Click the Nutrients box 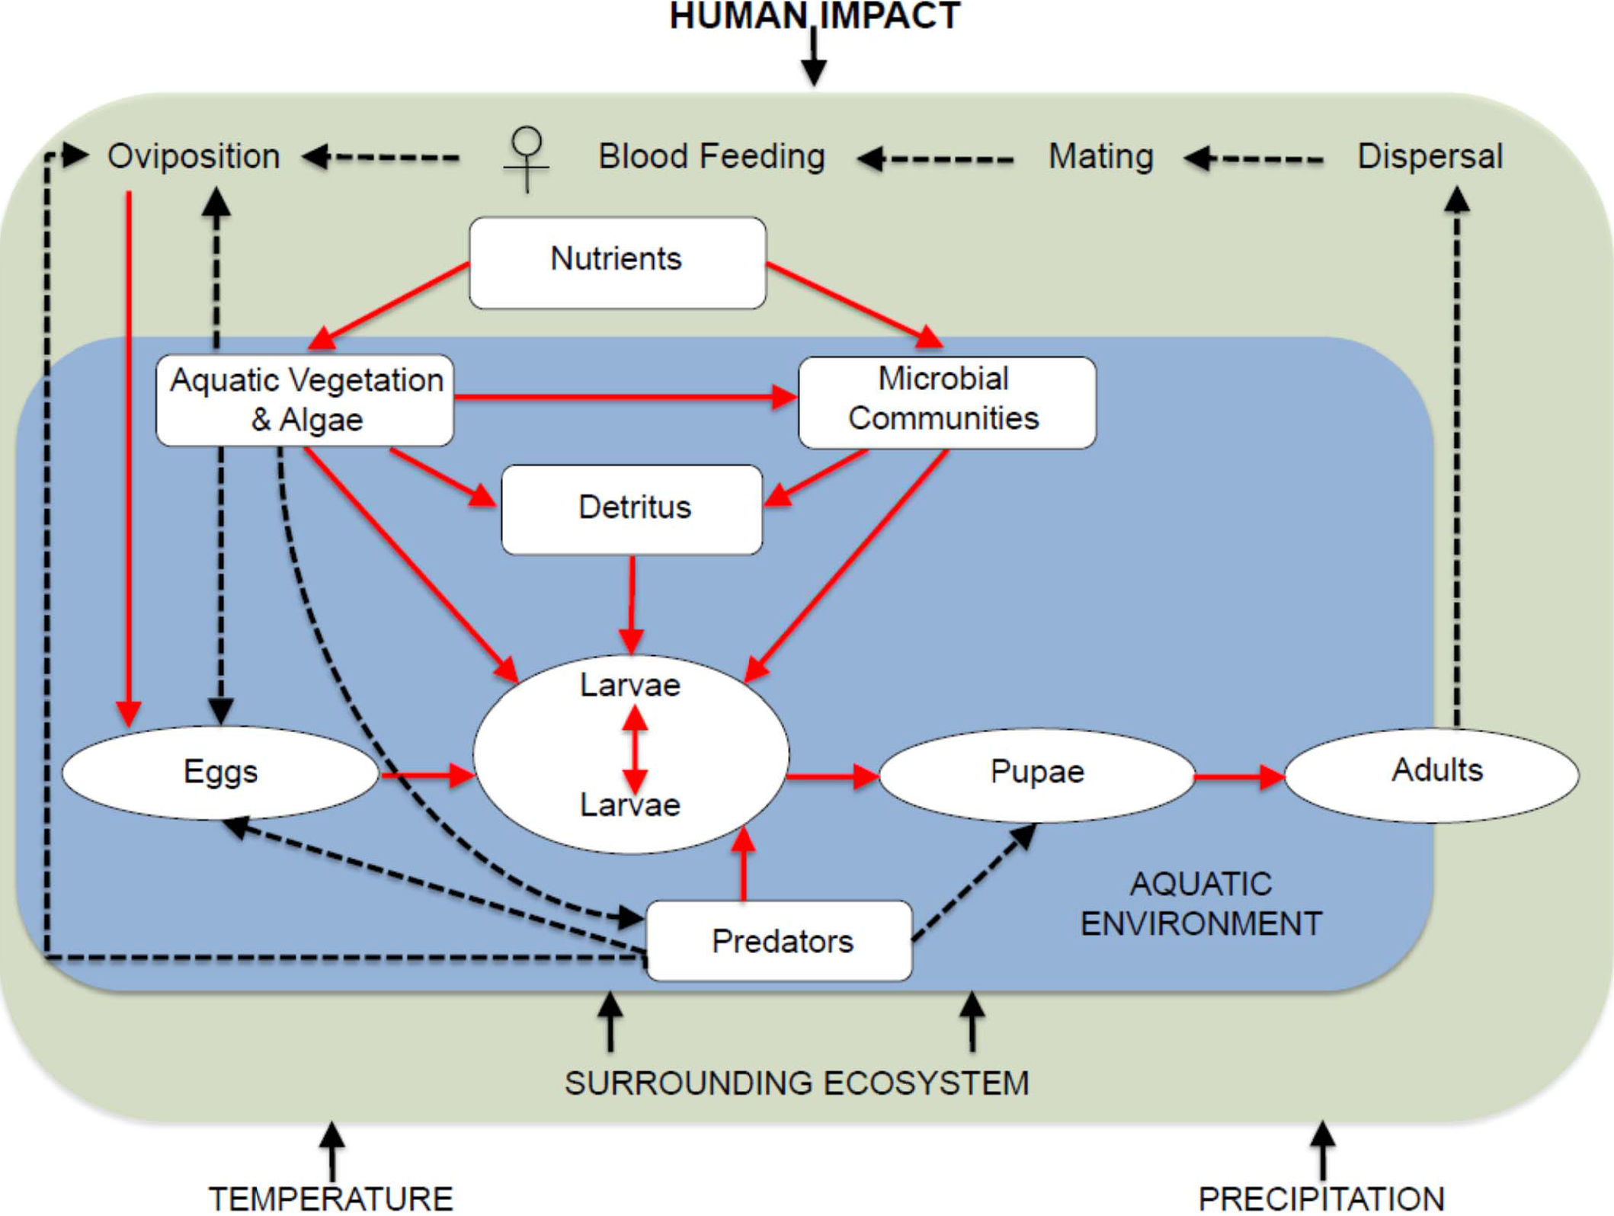617,263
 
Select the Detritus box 632,509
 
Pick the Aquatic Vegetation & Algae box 305,400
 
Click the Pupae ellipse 1036,774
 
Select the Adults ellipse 1433,774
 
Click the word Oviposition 194,156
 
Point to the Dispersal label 1430,156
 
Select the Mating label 1100,156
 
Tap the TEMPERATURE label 331,1198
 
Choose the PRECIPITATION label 1321,1198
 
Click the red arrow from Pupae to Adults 1239,776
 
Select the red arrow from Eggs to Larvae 427,776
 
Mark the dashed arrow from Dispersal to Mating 1254,159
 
